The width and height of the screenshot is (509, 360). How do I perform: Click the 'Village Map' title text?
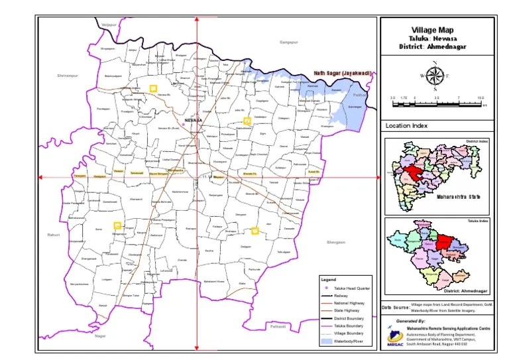tap(435, 30)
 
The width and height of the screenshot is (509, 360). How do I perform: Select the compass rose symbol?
tap(435, 76)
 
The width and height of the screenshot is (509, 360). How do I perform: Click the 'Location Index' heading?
tap(407, 125)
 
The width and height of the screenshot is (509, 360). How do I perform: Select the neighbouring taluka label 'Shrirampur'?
tap(68, 76)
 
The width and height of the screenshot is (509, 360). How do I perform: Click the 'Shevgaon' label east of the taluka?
tap(336, 243)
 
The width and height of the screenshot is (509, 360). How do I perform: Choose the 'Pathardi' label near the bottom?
tap(278, 326)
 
